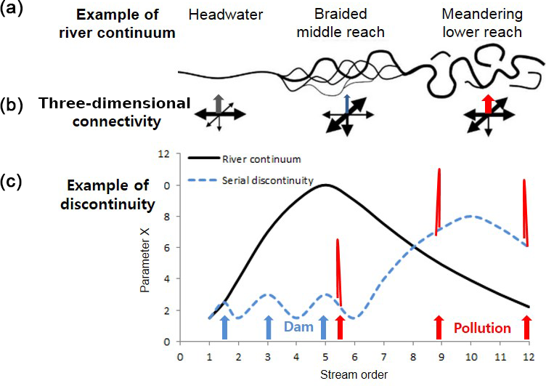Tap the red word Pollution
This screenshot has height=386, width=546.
[x=482, y=328]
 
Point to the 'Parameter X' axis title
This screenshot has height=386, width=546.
[x=149, y=247]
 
